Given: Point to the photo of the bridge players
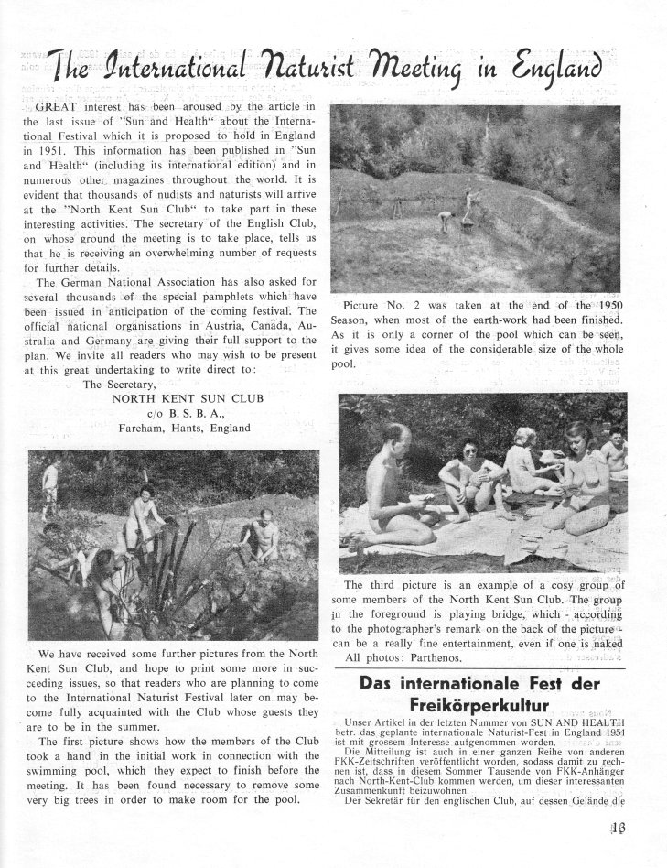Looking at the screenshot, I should (x=482, y=483).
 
